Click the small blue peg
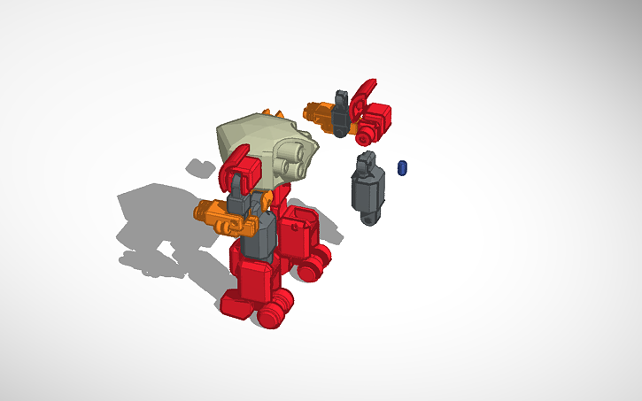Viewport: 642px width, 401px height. pos(403,167)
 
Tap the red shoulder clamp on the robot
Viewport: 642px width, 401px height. pos(242,168)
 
